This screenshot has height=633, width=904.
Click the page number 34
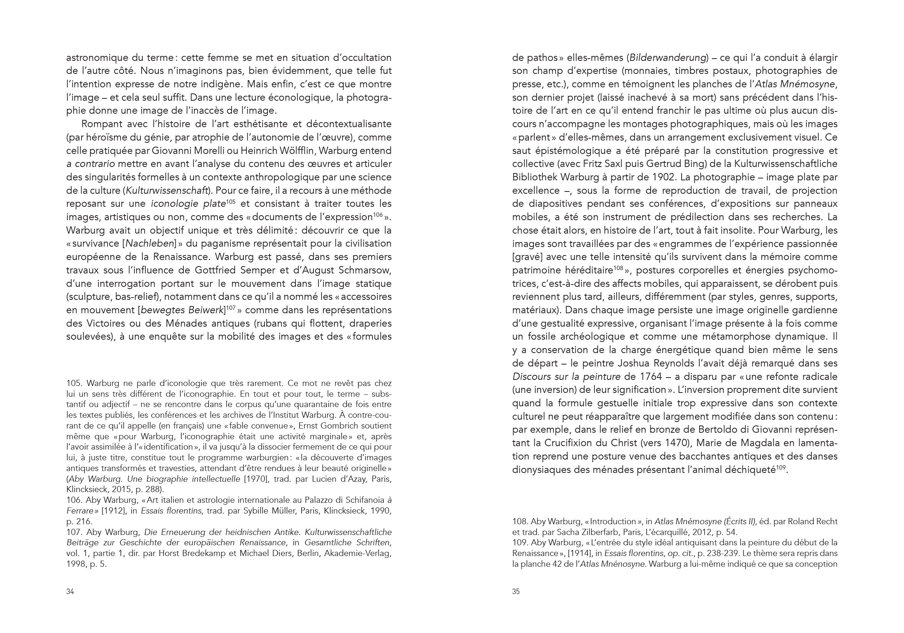tap(70, 591)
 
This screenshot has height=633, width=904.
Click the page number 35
tap(516, 591)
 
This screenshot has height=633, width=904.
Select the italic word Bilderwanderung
tap(667, 58)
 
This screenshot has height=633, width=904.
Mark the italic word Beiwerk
tap(206, 310)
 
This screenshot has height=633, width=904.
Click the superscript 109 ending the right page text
tap(781, 468)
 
